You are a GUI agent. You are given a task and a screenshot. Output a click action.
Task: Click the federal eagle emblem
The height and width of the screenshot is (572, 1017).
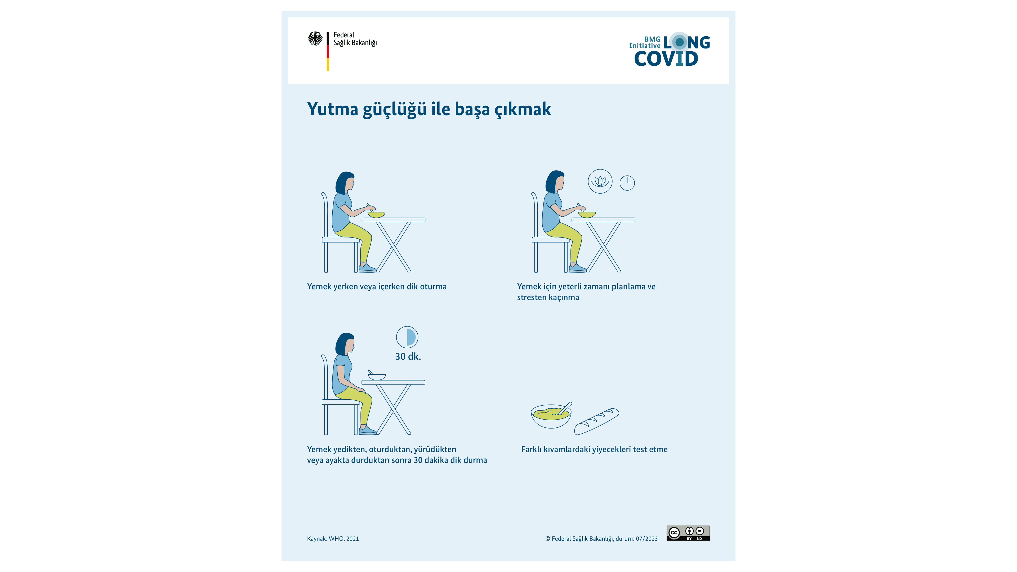pyautogui.click(x=315, y=39)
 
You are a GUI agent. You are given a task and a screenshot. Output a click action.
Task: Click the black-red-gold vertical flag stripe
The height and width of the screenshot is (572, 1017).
pyautogui.click(x=328, y=52)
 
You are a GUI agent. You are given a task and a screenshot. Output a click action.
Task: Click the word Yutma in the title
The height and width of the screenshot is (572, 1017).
pyautogui.click(x=332, y=109)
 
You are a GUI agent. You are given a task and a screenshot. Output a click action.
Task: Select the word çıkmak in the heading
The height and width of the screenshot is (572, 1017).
pyautogui.click(x=522, y=109)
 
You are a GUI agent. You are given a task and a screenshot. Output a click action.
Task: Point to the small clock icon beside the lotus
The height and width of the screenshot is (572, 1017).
pyautogui.click(x=627, y=183)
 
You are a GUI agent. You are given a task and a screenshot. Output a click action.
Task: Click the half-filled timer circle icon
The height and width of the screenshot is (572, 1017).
pyautogui.click(x=407, y=337)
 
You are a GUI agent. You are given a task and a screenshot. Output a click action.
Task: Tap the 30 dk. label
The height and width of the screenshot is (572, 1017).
pyautogui.click(x=408, y=356)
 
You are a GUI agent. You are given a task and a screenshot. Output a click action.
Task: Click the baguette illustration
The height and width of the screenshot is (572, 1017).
pyautogui.click(x=596, y=421)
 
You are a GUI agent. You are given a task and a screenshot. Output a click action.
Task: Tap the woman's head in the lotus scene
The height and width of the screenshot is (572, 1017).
pyautogui.click(x=555, y=182)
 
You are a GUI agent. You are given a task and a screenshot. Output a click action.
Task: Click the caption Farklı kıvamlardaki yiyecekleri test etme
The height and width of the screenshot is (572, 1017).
pyautogui.click(x=594, y=449)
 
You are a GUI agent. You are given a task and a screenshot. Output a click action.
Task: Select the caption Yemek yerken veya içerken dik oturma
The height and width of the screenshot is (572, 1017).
pyautogui.click(x=377, y=287)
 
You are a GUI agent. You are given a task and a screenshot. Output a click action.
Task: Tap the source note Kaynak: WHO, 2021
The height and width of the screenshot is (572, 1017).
pyautogui.click(x=333, y=539)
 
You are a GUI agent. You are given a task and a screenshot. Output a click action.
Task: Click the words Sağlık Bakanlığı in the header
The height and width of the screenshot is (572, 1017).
pyautogui.click(x=355, y=43)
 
